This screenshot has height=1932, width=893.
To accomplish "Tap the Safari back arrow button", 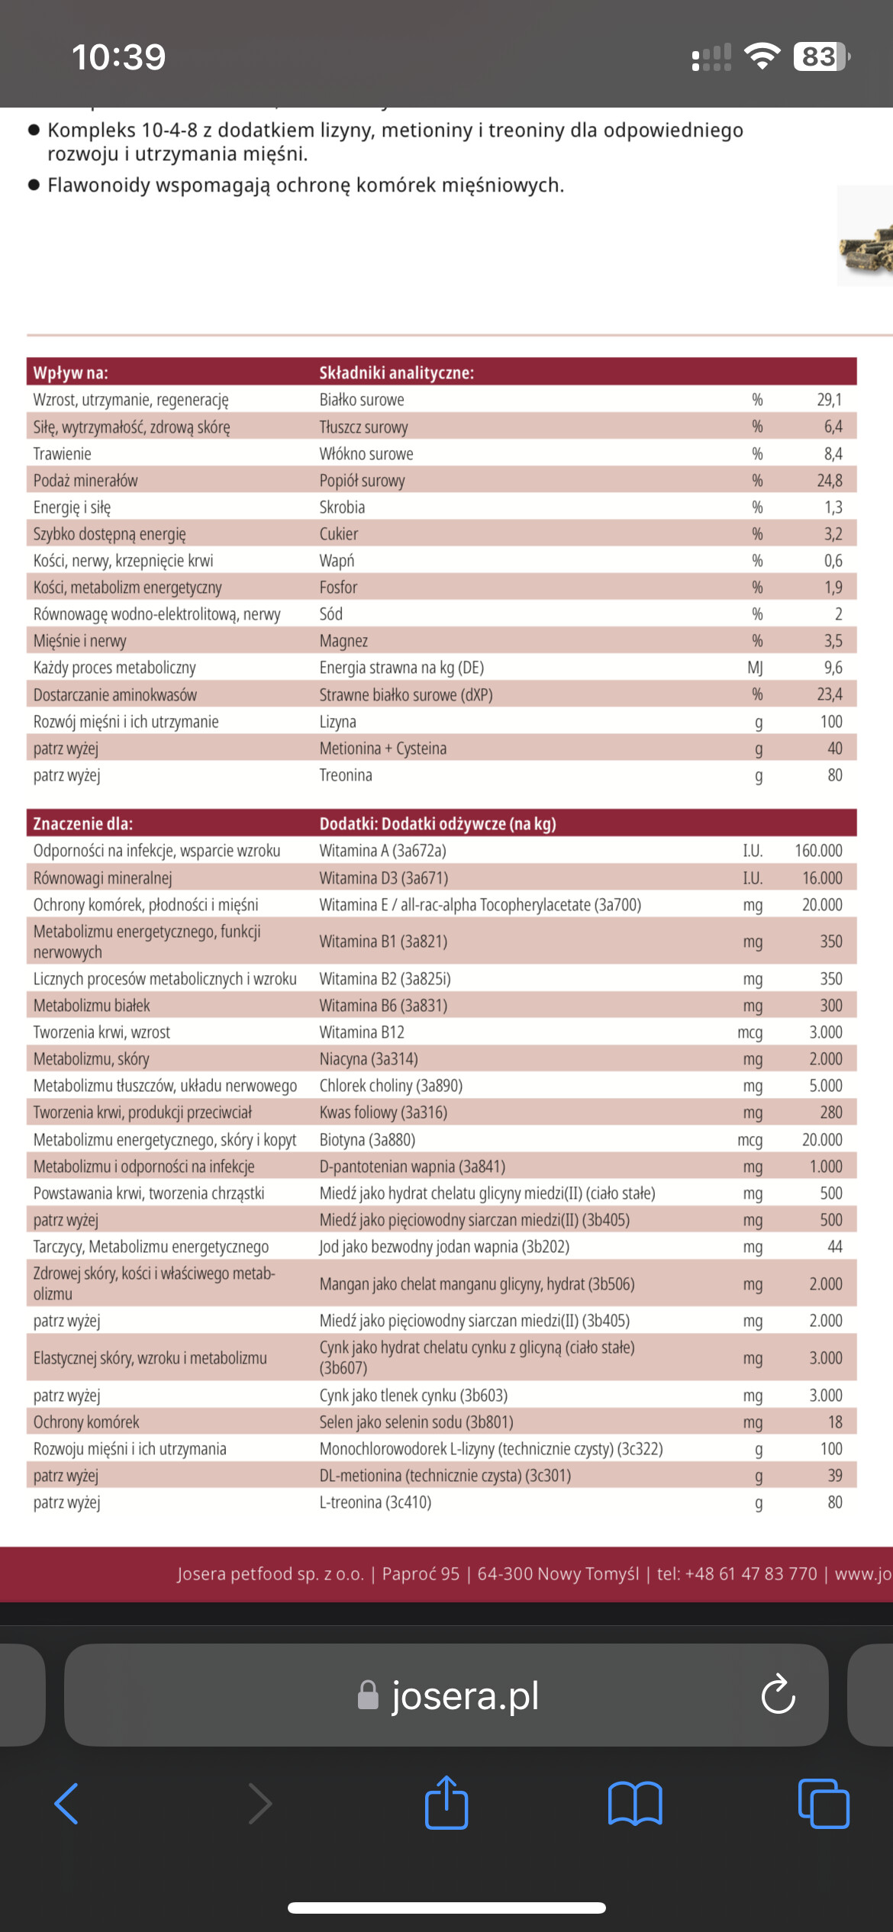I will [67, 1804].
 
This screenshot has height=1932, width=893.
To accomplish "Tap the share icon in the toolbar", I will [446, 1804].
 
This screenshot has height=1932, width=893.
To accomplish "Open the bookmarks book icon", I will [635, 1804].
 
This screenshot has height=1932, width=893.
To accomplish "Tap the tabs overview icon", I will [823, 1804].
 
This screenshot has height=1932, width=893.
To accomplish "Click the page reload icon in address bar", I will [778, 1695].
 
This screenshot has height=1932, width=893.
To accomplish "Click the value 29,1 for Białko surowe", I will [829, 400].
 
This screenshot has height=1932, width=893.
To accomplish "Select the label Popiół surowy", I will [362, 481].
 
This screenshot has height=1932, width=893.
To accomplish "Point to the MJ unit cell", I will [755, 668].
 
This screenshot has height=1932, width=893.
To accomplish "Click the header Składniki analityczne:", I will [396, 373].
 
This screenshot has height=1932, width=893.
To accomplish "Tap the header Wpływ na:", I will [70, 373].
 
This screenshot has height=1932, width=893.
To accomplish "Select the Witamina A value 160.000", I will [818, 851].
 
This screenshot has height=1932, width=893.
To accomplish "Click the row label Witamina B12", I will [362, 1032].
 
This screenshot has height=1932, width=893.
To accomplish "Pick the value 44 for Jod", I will [834, 1247].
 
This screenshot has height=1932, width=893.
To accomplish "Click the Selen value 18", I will [835, 1422].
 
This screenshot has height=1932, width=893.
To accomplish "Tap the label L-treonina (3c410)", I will [375, 1502].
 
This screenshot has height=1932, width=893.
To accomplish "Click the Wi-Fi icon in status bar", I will [761, 56].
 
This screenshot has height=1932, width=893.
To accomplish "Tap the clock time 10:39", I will [118, 57].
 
